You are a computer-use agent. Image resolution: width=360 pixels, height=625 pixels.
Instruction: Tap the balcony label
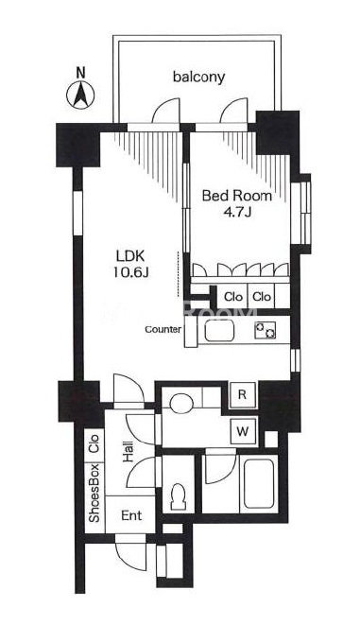click(198, 77)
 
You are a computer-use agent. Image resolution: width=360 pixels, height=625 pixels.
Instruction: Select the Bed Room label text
click(237, 196)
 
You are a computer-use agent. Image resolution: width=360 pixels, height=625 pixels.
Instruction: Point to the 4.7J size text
click(237, 212)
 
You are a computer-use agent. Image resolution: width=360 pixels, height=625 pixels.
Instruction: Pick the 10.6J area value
click(130, 272)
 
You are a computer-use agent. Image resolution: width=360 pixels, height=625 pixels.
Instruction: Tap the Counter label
click(163, 329)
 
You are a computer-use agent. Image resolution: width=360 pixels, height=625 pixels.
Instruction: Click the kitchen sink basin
click(219, 330)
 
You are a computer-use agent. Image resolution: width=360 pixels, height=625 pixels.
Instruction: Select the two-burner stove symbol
click(266, 330)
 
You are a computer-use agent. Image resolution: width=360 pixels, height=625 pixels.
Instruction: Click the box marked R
click(243, 394)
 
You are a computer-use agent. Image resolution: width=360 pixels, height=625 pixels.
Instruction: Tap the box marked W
click(243, 431)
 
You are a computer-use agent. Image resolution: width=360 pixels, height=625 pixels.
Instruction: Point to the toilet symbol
click(178, 496)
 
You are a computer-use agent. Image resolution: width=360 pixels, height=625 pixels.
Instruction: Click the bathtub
click(259, 483)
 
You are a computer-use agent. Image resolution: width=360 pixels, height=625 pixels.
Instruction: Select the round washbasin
click(181, 404)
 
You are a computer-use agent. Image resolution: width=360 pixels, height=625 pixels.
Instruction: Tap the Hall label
click(129, 453)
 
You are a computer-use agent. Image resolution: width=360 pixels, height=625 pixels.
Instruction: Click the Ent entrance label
click(131, 515)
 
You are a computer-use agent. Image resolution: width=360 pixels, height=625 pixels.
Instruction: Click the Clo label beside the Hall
click(94, 443)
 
